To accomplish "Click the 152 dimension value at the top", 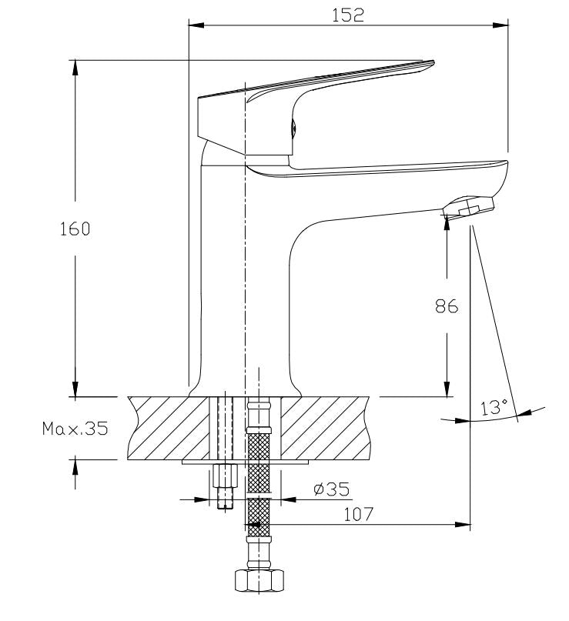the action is tap(347, 15).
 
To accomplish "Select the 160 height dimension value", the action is tap(75, 229).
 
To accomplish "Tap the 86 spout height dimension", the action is tap(447, 306).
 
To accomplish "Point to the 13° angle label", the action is tap(494, 407).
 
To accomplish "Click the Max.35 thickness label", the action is tap(75, 428).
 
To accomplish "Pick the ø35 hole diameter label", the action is tap(332, 489).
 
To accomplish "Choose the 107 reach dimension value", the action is tap(358, 514).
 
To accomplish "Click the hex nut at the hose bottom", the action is tap(259, 581).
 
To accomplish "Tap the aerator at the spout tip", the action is tap(469, 207).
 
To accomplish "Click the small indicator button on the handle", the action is tap(293, 129).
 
